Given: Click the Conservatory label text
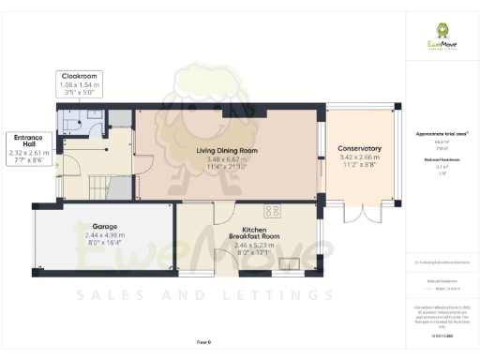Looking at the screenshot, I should [360, 148].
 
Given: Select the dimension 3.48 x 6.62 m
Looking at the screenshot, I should [228, 159].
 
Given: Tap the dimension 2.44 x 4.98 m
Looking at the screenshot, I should [105, 235].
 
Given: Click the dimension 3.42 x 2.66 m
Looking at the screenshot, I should [360, 158].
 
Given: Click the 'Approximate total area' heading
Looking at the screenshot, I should [442, 134].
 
